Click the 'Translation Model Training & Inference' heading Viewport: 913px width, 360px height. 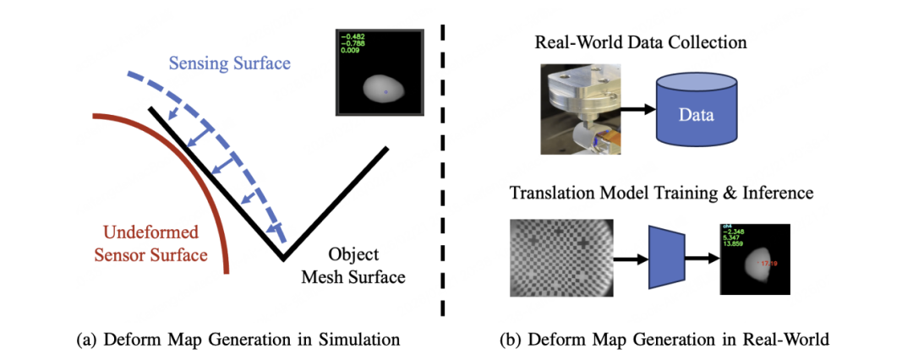(x=661, y=194)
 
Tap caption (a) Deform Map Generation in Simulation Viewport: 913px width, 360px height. (x=238, y=340)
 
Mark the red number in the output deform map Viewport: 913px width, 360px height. (x=769, y=265)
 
